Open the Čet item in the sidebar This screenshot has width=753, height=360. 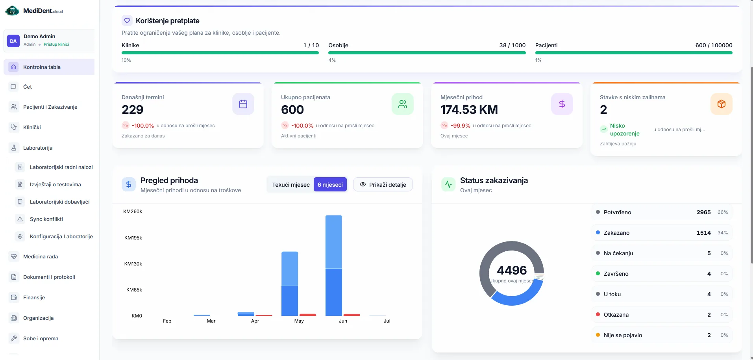coord(28,87)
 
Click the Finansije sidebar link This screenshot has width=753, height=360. coord(34,297)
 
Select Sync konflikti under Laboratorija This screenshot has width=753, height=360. coord(46,219)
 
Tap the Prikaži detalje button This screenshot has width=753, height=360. coord(383,184)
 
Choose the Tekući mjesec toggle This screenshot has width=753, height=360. coord(291,185)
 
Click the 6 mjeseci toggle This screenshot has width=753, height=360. coord(330,185)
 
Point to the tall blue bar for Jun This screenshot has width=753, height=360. coord(334,265)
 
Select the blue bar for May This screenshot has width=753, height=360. coord(290,284)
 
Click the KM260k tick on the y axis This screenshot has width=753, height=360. coord(133,212)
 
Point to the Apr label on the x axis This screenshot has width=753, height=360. coord(255,321)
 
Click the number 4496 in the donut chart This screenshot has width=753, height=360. coord(512,270)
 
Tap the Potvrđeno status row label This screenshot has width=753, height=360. coord(618,212)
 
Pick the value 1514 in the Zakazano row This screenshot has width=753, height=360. coord(704,233)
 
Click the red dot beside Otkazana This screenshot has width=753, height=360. coord(598,314)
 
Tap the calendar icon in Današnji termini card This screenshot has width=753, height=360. coord(243,104)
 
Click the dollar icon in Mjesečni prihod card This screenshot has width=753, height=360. coord(562,104)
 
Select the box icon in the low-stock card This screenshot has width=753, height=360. coord(722,104)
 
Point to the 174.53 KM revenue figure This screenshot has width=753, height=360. coord(469,109)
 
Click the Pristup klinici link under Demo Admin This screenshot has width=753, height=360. coord(56,45)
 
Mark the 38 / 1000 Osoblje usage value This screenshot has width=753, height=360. coord(512,45)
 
